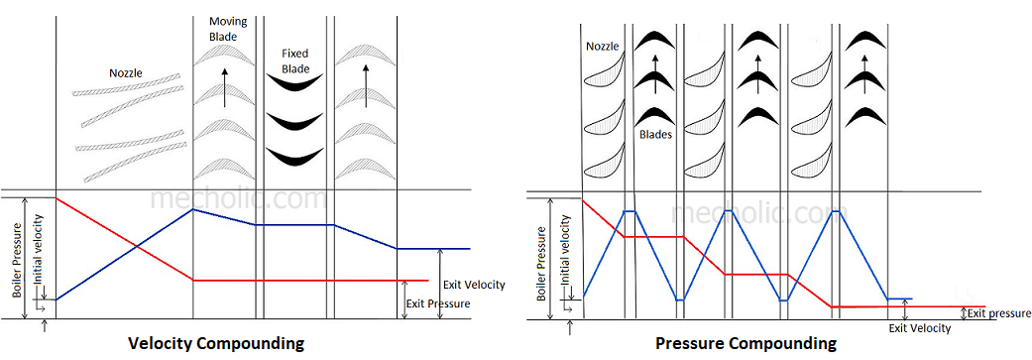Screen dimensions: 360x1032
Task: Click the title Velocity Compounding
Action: point(215,344)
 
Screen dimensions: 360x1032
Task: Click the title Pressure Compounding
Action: point(745,344)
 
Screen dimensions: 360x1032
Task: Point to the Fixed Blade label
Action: point(294,61)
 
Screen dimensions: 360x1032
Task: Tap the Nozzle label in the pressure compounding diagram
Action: point(603,46)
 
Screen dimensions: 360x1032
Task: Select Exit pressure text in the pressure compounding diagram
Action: point(998,313)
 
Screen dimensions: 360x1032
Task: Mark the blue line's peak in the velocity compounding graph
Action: point(192,209)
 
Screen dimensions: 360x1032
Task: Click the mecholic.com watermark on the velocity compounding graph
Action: point(238,198)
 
